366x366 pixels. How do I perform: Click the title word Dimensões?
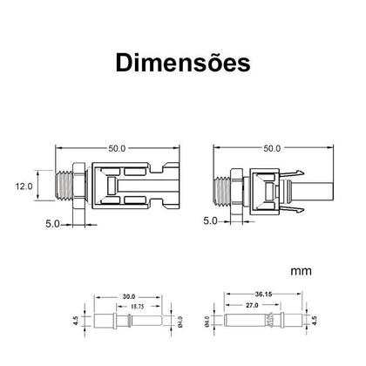pyautogui.click(x=183, y=64)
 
